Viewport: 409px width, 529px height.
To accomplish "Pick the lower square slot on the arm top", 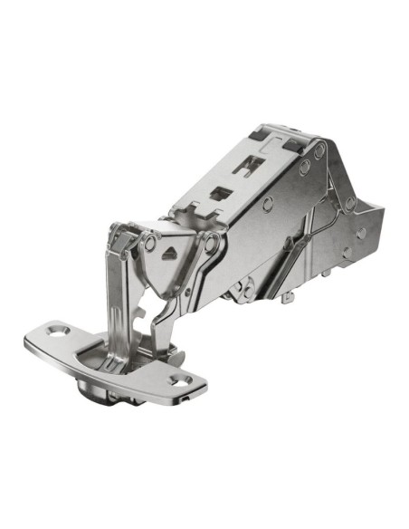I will coord(220,193).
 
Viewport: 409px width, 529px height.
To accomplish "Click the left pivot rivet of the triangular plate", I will coord(149,243).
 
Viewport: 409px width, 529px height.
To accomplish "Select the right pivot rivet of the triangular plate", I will coord(210,241).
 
